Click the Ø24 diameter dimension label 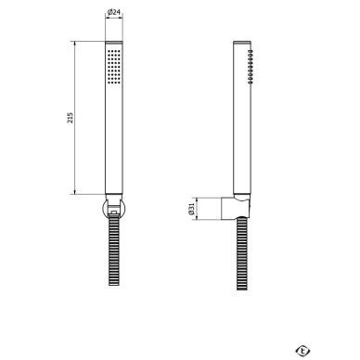pos(114,12)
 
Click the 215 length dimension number pos(71,118)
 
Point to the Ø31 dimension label pos(191,209)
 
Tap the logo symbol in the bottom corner pos(302,351)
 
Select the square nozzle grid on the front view pos(114,66)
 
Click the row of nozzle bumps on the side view pos(251,67)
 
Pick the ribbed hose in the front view pos(114,251)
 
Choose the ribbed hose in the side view pos(242,253)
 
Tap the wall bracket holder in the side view pos(235,208)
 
